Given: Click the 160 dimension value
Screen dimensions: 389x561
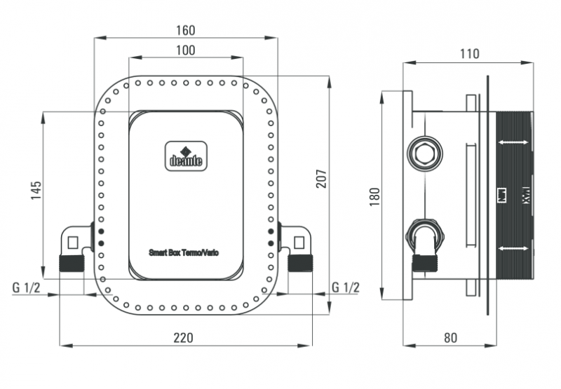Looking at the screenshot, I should [x=186, y=30].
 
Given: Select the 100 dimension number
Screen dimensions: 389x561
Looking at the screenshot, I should [x=186, y=50].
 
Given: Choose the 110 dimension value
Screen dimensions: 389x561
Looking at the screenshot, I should [x=469, y=53].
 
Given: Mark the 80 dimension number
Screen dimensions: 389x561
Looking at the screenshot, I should [x=450, y=337].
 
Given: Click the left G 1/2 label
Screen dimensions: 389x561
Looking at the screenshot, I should [x=25, y=287].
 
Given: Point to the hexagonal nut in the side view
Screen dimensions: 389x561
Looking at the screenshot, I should [x=423, y=152].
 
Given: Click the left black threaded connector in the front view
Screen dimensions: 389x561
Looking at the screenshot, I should [x=72, y=264].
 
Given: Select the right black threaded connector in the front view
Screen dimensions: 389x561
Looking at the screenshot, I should [x=300, y=264].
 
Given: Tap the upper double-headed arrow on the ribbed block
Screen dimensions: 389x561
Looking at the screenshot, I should [x=513, y=142].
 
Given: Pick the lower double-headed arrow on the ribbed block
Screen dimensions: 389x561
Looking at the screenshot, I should [x=513, y=248].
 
